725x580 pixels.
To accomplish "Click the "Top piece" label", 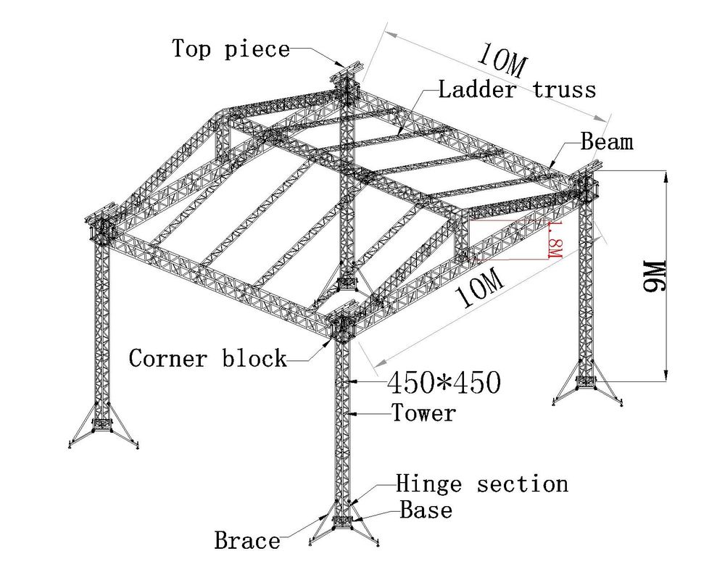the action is point(231,49).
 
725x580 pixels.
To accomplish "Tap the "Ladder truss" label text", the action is point(517,89).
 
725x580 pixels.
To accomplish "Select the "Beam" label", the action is point(607,141).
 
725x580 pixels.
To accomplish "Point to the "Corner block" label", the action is point(207,358).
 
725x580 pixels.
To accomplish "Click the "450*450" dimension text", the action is point(444,383).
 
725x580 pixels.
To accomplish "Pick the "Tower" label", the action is point(423,413).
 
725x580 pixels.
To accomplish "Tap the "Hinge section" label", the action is point(482,484).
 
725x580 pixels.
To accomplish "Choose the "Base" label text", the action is point(426,510).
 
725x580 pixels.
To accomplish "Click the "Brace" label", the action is point(247,540).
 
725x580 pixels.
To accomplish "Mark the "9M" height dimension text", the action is point(655,276).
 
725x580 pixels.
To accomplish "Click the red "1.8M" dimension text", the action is point(555,239).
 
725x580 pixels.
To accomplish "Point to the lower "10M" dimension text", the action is point(479,289).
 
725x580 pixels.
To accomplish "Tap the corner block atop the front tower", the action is point(343,326).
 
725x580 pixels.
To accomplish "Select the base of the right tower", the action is point(587,381).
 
